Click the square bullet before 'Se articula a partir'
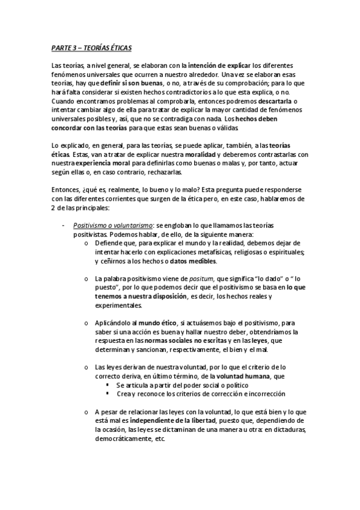(108, 384)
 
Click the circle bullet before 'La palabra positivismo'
(88, 278)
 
